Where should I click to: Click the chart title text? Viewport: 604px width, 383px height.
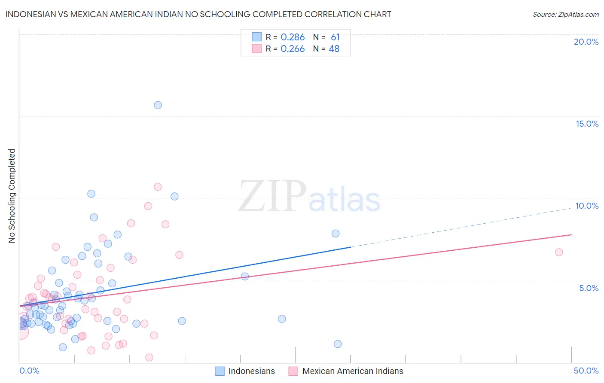tap(198, 14)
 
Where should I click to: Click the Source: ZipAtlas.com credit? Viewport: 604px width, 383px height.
tap(565, 14)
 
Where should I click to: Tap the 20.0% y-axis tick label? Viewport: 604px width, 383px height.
tap(586, 42)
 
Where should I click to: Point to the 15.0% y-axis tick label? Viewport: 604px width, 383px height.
tap(587, 124)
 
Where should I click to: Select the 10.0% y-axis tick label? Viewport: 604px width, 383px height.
tap(587, 206)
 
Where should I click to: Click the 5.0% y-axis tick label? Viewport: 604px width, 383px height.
tap(589, 288)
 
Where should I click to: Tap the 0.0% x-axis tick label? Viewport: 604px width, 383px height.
tap(29, 371)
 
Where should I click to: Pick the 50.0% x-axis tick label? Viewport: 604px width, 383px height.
tap(586, 371)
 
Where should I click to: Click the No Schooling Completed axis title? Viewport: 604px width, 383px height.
tap(12, 196)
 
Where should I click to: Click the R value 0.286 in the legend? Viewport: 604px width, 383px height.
tap(293, 37)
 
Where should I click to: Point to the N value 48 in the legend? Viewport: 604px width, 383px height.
tap(334, 49)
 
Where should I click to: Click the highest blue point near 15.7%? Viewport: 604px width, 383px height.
tap(158, 105)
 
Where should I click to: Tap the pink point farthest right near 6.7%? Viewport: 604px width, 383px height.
tap(559, 252)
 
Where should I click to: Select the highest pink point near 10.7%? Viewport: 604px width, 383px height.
tap(158, 187)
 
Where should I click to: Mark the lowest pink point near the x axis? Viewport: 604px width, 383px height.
tap(149, 357)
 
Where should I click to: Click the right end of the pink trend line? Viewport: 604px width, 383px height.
tap(571, 235)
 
